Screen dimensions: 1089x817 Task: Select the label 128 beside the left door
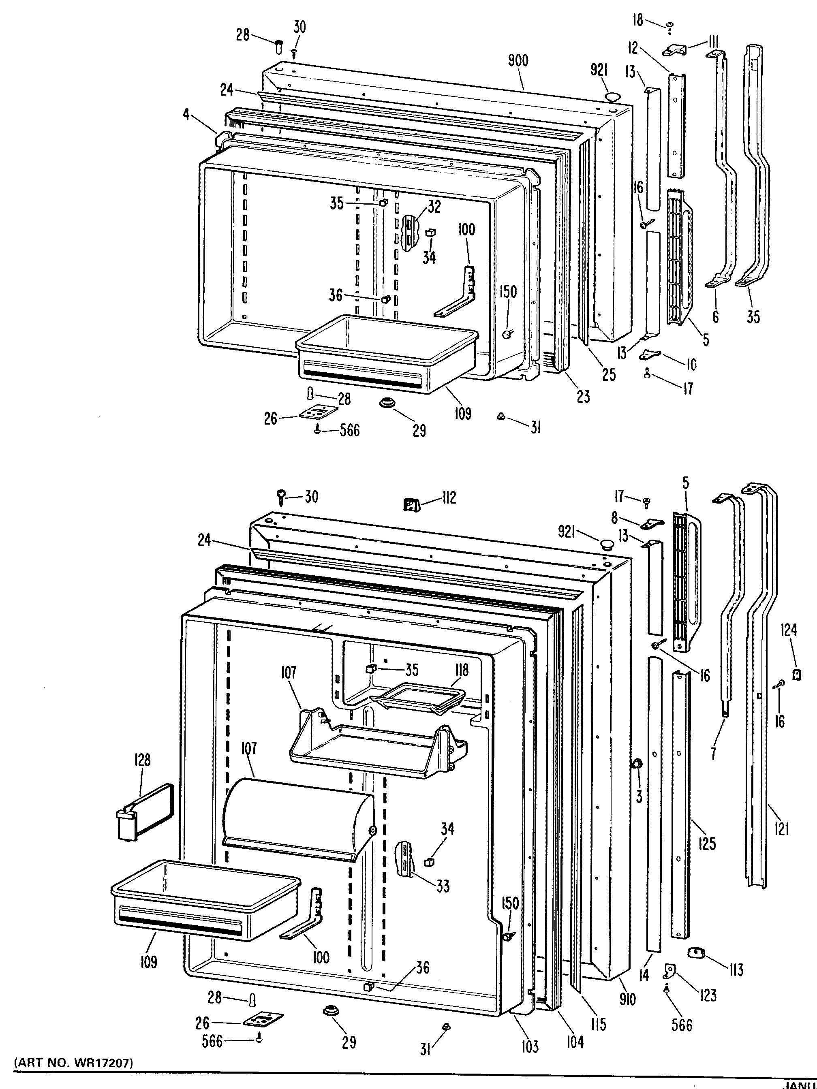[142, 760]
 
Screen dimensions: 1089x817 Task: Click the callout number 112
[449, 498]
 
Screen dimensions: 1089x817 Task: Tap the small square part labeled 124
[796, 675]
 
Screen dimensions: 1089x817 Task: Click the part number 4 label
[186, 114]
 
